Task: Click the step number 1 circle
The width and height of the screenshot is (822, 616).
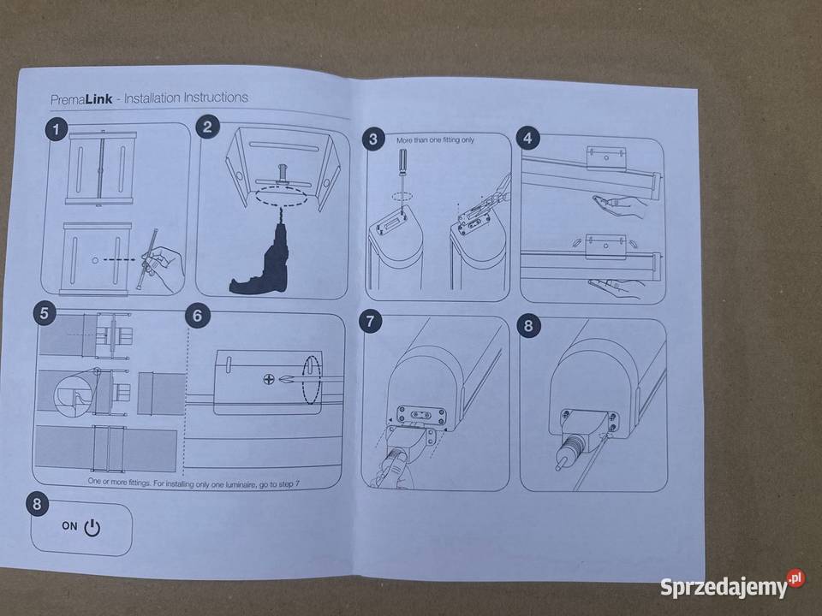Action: (x=57, y=129)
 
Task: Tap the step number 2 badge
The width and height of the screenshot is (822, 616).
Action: (x=207, y=127)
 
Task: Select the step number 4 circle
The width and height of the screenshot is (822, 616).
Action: (x=528, y=138)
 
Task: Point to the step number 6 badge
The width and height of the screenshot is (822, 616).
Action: (x=198, y=316)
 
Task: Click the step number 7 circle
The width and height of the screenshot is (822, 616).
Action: (x=371, y=321)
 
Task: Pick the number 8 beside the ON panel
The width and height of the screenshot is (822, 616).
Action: (x=37, y=504)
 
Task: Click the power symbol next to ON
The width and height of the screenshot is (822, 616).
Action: (x=92, y=528)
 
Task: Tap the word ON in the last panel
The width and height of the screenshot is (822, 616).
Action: (x=69, y=525)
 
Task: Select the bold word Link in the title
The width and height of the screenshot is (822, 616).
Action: (x=99, y=99)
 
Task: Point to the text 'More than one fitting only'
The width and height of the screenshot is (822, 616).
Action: (x=435, y=140)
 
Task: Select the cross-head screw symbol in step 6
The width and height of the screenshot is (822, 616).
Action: (x=268, y=379)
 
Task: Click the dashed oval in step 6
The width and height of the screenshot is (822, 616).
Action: (x=312, y=380)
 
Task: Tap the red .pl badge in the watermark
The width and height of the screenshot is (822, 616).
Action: (x=795, y=578)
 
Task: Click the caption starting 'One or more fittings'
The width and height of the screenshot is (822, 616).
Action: (x=194, y=483)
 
